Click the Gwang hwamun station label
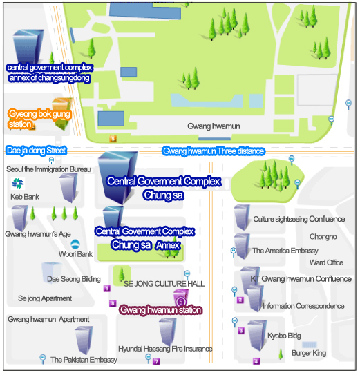coord(161,310)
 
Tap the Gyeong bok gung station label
coord(39,119)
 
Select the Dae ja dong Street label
coord(36,151)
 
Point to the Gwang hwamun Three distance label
coord(214,151)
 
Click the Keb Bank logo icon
coord(18,184)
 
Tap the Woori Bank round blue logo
coord(75,244)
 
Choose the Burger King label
coord(309,353)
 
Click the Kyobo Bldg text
coord(284,336)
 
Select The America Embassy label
coord(285,251)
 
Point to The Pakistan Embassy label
coord(84,360)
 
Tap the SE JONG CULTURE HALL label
coord(164,284)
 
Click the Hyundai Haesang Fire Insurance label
coord(165,349)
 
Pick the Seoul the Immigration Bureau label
coord(48,169)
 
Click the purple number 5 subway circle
coord(181,302)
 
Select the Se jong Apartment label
coord(45,298)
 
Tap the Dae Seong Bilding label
coord(74,279)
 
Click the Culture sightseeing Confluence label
coord(299,219)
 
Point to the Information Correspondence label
coord(303,306)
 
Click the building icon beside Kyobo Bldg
coord(257,336)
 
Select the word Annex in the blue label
coord(168,245)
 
